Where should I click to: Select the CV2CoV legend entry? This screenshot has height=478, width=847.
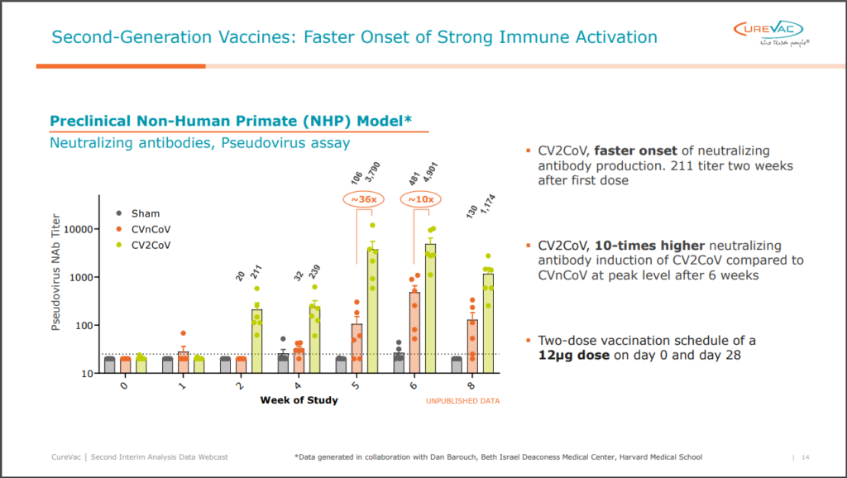[143, 245]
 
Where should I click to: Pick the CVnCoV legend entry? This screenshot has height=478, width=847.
[143, 229]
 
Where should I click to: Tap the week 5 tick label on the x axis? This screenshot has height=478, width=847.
[357, 385]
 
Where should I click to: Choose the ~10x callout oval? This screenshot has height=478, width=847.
[422, 200]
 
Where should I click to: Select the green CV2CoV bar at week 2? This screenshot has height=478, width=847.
[256, 341]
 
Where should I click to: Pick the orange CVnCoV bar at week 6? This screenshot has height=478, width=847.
[415, 332]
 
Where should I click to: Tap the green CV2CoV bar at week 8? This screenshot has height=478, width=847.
[488, 323]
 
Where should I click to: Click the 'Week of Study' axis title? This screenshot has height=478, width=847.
[299, 401]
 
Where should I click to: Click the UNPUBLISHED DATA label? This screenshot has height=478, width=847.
[463, 401]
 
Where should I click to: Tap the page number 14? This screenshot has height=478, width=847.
[806, 457]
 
